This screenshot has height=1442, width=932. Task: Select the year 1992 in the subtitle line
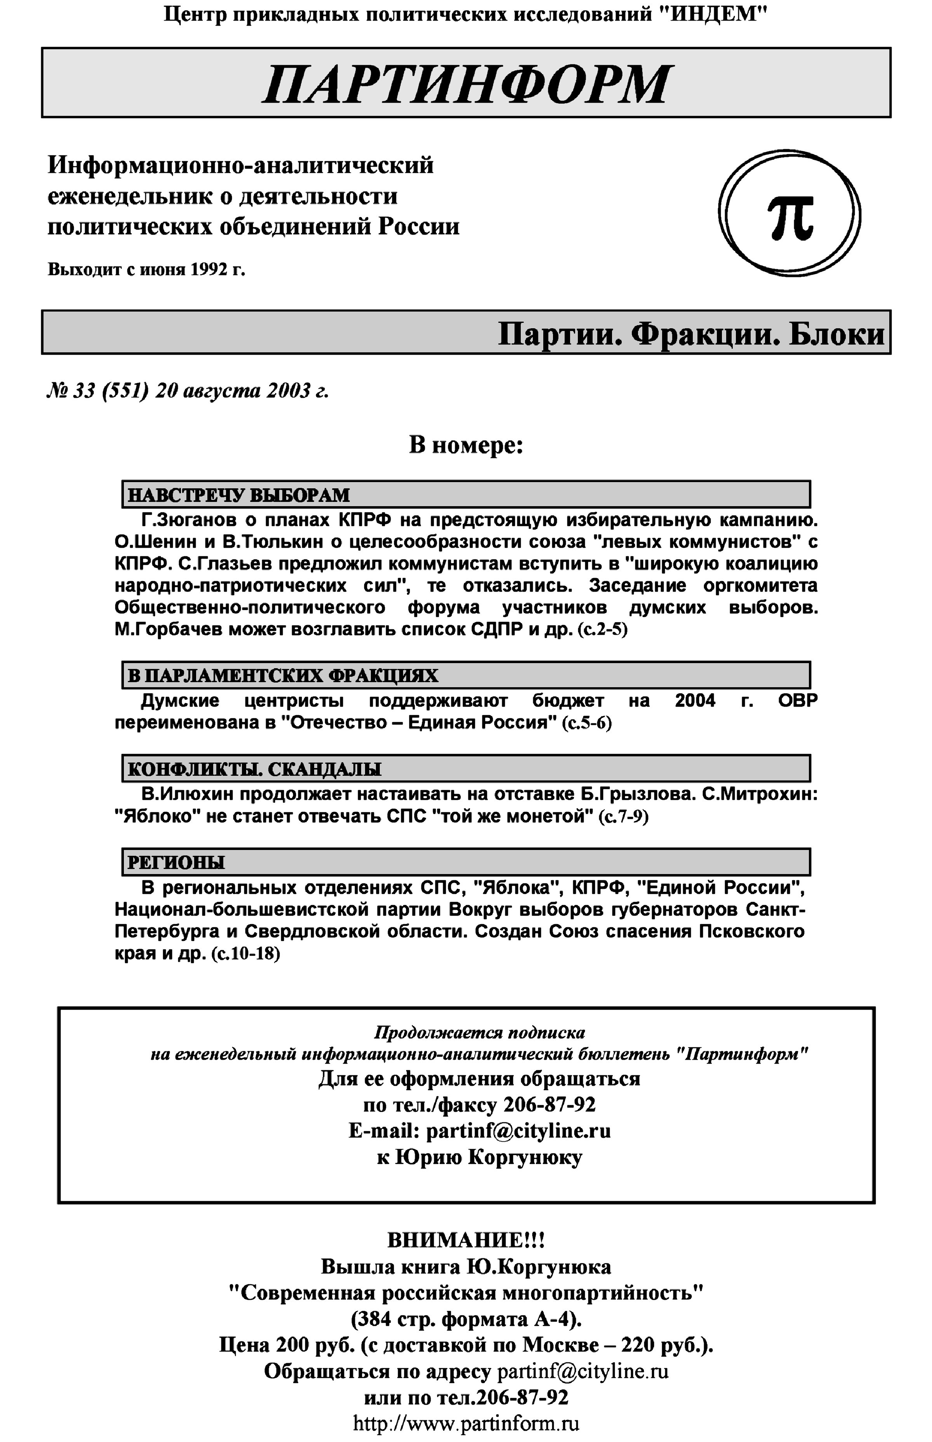tap(208, 269)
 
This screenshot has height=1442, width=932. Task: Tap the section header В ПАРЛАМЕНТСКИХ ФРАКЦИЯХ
tap(283, 676)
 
